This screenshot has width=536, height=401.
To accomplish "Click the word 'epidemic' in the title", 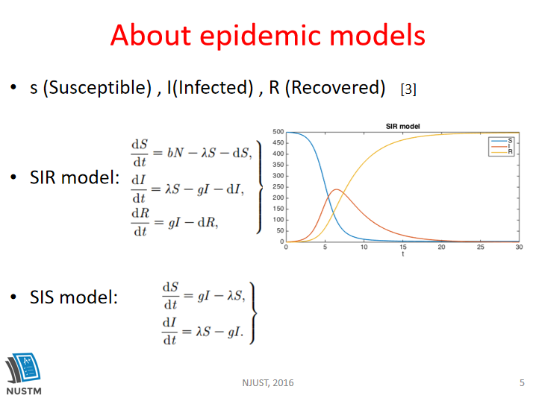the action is (x=261, y=37).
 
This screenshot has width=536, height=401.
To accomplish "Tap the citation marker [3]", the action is (x=408, y=89).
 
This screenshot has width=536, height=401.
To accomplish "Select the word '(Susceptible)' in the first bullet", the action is (x=97, y=88).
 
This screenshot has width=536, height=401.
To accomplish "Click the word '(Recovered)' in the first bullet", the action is (x=335, y=88).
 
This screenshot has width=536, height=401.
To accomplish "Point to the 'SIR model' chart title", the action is (x=402, y=126).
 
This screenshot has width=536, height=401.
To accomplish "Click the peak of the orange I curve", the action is (x=337, y=189).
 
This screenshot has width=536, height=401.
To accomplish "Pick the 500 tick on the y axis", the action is (x=278, y=132).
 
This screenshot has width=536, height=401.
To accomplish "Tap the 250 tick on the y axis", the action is (x=278, y=186).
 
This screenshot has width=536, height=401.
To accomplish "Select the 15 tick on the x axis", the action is (x=403, y=247).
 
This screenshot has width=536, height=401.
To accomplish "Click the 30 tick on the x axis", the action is (x=520, y=247).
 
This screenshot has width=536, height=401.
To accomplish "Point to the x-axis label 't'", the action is (x=403, y=254).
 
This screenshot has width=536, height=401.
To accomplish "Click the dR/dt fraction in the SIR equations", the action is (x=140, y=223).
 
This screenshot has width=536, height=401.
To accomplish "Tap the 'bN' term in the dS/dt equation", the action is (x=175, y=153).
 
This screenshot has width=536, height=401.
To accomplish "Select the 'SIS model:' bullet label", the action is (x=74, y=297).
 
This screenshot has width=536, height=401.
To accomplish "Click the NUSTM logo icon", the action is (x=23, y=368).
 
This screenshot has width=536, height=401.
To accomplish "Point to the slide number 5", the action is (x=522, y=383).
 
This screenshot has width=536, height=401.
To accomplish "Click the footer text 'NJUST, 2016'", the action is (x=268, y=383).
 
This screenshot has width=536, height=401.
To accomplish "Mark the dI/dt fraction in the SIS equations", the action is (x=169, y=332).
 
